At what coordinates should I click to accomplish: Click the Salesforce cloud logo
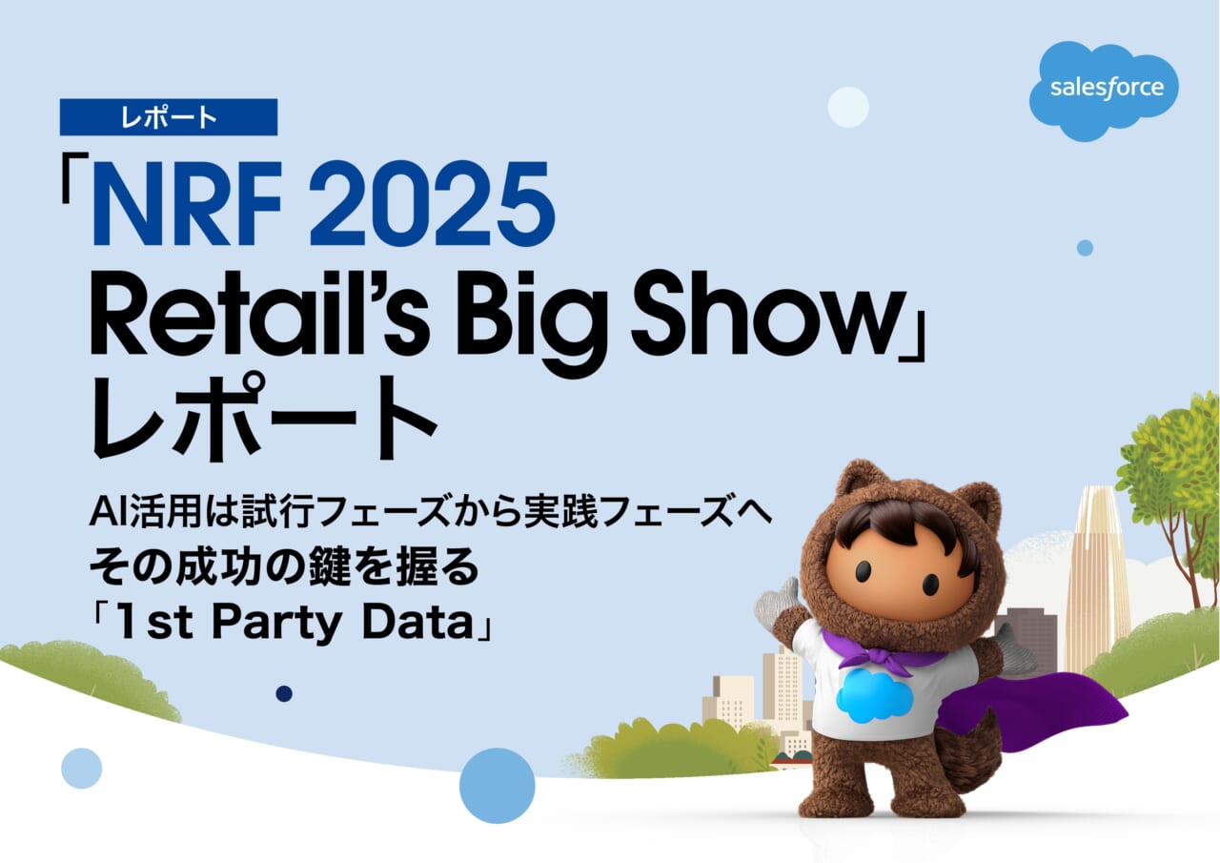coord(1104,90)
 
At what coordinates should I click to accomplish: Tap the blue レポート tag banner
coord(169,117)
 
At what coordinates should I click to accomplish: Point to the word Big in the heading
coord(532,322)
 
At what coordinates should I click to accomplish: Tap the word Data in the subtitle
coord(417,622)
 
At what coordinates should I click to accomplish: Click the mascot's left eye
coord(864,571)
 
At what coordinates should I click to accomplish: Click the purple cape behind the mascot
coord(1029,709)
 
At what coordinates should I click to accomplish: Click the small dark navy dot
coord(284,693)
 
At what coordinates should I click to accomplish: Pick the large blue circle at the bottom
coord(497,785)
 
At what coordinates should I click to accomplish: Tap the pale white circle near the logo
coord(848,107)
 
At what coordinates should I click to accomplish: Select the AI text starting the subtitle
coord(109,512)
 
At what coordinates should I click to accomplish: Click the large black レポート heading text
coord(264,418)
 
